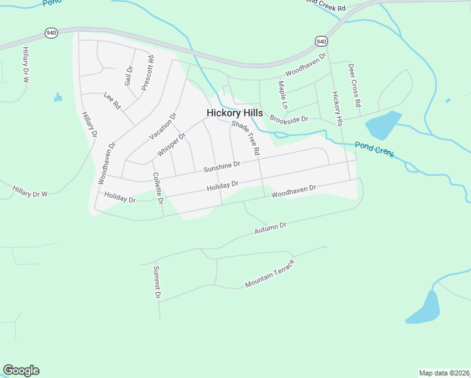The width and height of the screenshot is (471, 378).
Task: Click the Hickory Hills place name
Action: tap(234, 113)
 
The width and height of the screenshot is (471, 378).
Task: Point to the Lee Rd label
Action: tap(111, 100)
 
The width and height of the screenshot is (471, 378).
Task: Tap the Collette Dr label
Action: tap(157, 190)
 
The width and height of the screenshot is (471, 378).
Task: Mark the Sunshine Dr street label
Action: tap(222, 166)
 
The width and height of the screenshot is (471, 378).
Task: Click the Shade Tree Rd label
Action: tap(246, 138)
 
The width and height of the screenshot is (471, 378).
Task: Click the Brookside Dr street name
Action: tap(288, 119)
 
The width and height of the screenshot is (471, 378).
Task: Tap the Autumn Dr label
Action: tap(270, 228)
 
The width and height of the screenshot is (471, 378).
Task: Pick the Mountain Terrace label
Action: tap(270, 273)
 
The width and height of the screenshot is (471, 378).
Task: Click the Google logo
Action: tap(21, 370)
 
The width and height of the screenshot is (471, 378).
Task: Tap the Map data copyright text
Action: tap(444, 372)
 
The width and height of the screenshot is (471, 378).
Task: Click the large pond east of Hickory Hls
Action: tap(382, 125)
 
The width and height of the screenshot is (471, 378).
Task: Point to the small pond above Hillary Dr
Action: tap(58, 98)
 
